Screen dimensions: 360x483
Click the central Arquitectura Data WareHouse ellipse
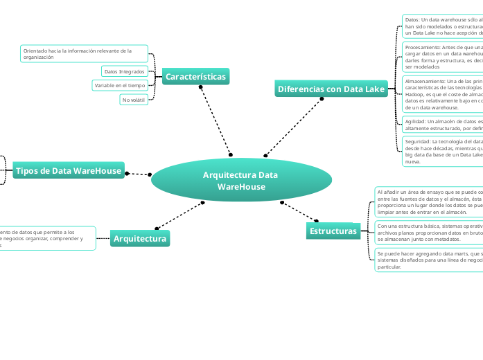coord(240,181)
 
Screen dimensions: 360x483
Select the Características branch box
coord(195,77)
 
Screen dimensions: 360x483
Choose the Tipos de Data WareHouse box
coord(68,171)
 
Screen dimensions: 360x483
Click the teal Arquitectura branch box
coord(140,239)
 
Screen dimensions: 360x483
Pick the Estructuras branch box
coord(333,231)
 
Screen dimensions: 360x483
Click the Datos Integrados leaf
coord(124,71)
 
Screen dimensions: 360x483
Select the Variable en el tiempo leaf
coord(120,85)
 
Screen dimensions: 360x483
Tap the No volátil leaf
coord(134,100)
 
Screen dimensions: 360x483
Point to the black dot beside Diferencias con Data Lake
coord(322,99)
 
